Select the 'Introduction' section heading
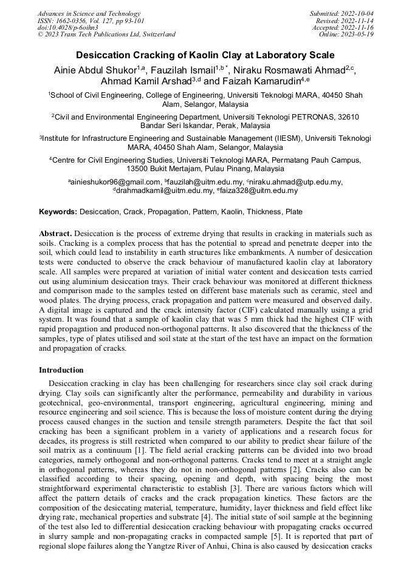(61, 370)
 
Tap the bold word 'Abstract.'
(55, 234)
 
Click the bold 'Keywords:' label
(58, 212)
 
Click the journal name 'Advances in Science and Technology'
(89, 13)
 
